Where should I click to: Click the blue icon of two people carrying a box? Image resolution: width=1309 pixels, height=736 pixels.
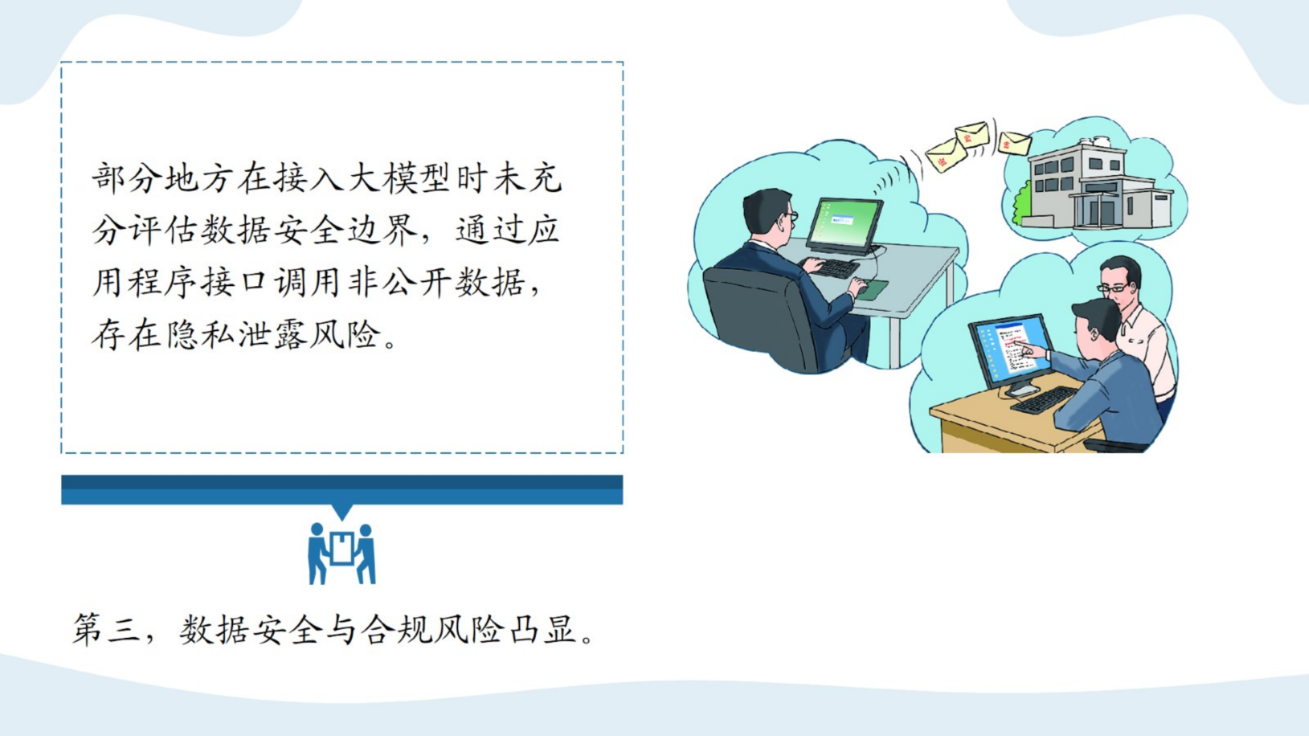[342, 553]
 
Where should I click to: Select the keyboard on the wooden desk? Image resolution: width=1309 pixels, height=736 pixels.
[1044, 399]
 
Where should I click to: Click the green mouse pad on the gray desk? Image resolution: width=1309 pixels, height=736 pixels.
[873, 288]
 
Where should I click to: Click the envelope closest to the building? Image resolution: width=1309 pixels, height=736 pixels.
[1014, 143]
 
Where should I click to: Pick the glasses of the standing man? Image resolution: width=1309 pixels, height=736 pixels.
[1116, 288]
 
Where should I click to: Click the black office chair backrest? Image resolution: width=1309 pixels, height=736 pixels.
[757, 314]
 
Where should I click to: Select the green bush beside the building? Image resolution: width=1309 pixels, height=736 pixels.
[1021, 204]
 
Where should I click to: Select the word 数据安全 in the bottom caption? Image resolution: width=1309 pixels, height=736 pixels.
[251, 629]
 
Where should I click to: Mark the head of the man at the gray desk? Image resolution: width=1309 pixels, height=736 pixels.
[769, 213]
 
